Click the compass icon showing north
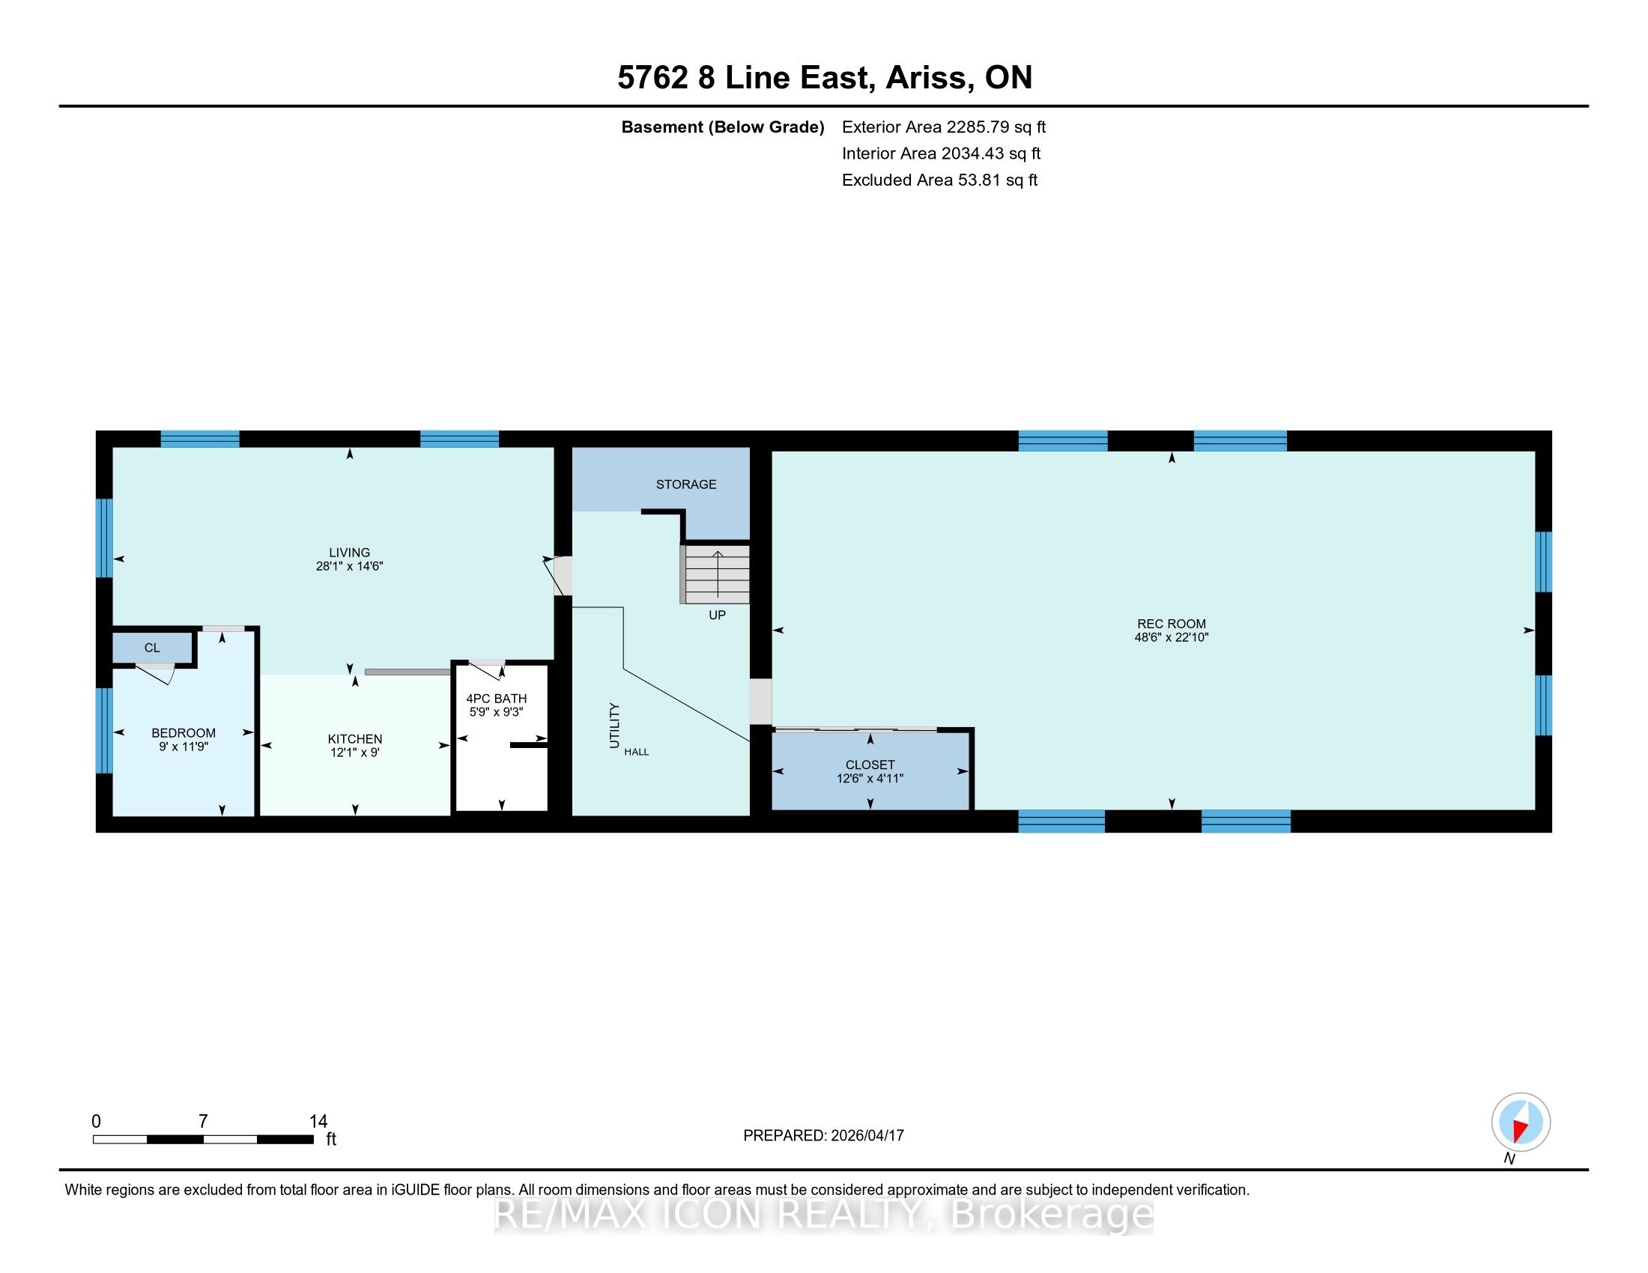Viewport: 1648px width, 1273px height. (x=1521, y=1122)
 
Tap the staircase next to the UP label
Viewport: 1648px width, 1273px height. (x=715, y=574)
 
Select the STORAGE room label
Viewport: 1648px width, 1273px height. (x=686, y=484)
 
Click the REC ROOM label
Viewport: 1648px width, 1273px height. (x=1171, y=624)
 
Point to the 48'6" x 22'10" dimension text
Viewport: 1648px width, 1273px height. (x=1171, y=637)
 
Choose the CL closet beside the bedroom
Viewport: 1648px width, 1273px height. (x=151, y=648)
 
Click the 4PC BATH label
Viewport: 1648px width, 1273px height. (x=496, y=699)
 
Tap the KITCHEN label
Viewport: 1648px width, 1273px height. (x=354, y=739)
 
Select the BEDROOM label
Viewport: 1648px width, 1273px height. (x=184, y=733)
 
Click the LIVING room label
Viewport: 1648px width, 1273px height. (x=349, y=553)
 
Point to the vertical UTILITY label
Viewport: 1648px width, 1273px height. (x=614, y=726)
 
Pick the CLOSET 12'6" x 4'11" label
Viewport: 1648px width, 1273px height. (x=870, y=771)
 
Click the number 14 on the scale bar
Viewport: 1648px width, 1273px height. (x=318, y=1122)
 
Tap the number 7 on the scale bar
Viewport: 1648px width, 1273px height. (x=203, y=1122)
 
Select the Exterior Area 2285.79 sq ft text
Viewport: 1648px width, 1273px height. (x=944, y=127)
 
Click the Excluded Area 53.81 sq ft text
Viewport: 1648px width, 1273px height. (x=939, y=180)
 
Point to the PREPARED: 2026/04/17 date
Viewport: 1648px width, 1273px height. (x=823, y=1135)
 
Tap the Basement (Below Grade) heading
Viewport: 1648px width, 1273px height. (x=722, y=127)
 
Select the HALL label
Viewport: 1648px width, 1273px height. (x=636, y=752)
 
